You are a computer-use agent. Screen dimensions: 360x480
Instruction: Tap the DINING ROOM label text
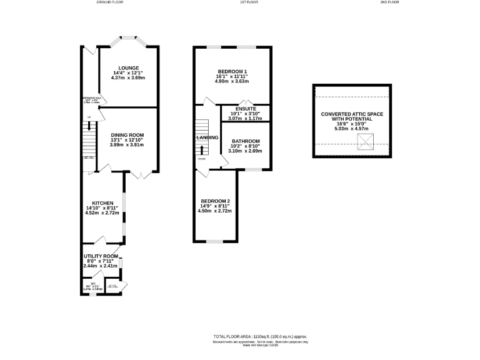click(127, 135)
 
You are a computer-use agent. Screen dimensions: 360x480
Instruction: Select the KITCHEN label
click(102, 203)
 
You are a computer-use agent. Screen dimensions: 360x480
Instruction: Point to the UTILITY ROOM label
click(101, 256)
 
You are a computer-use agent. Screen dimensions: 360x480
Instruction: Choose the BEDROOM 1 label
click(232, 71)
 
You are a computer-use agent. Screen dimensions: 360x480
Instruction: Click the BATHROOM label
click(245, 141)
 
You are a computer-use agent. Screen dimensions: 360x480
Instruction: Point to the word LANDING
click(207, 137)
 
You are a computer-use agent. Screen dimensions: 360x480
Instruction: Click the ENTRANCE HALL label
click(91, 98)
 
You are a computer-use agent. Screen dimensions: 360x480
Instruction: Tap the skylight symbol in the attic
click(363, 144)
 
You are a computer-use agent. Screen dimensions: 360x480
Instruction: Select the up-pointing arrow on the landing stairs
click(202, 150)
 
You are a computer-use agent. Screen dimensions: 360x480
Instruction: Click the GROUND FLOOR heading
click(110, 2)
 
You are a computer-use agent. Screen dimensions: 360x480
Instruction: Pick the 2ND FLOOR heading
click(389, 2)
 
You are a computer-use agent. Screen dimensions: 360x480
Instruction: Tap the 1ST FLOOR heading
click(231, 2)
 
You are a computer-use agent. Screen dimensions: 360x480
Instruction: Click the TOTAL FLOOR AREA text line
click(260, 336)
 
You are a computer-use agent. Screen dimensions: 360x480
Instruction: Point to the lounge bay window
click(129, 43)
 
